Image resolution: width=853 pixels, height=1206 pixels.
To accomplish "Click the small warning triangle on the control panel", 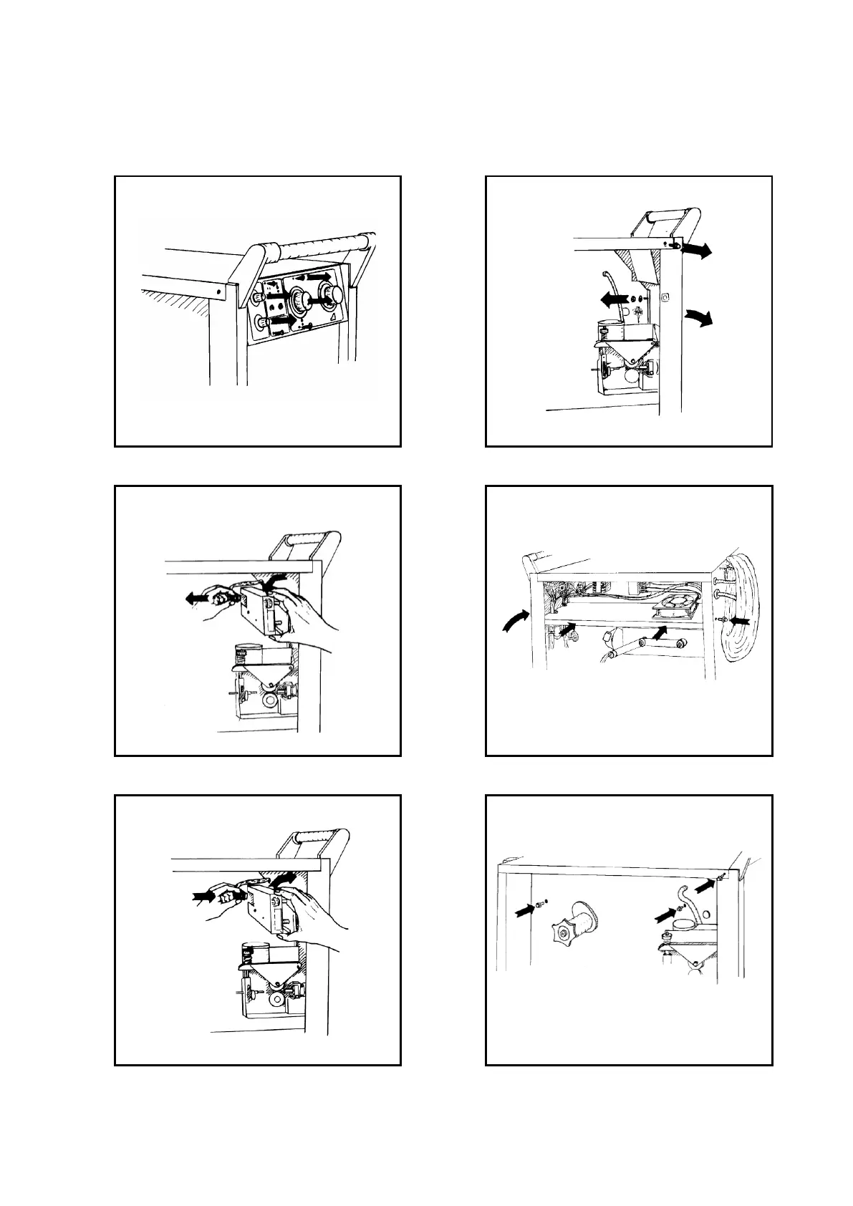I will click(x=333, y=316).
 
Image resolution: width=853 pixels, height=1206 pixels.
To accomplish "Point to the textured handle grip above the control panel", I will click(x=319, y=242).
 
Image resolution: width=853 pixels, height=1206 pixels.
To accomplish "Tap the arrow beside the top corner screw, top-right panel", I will click(x=696, y=249).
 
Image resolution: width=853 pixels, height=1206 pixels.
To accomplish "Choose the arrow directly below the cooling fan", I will click(x=666, y=631).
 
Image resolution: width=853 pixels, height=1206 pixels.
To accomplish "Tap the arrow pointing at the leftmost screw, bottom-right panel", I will click(x=527, y=909).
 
